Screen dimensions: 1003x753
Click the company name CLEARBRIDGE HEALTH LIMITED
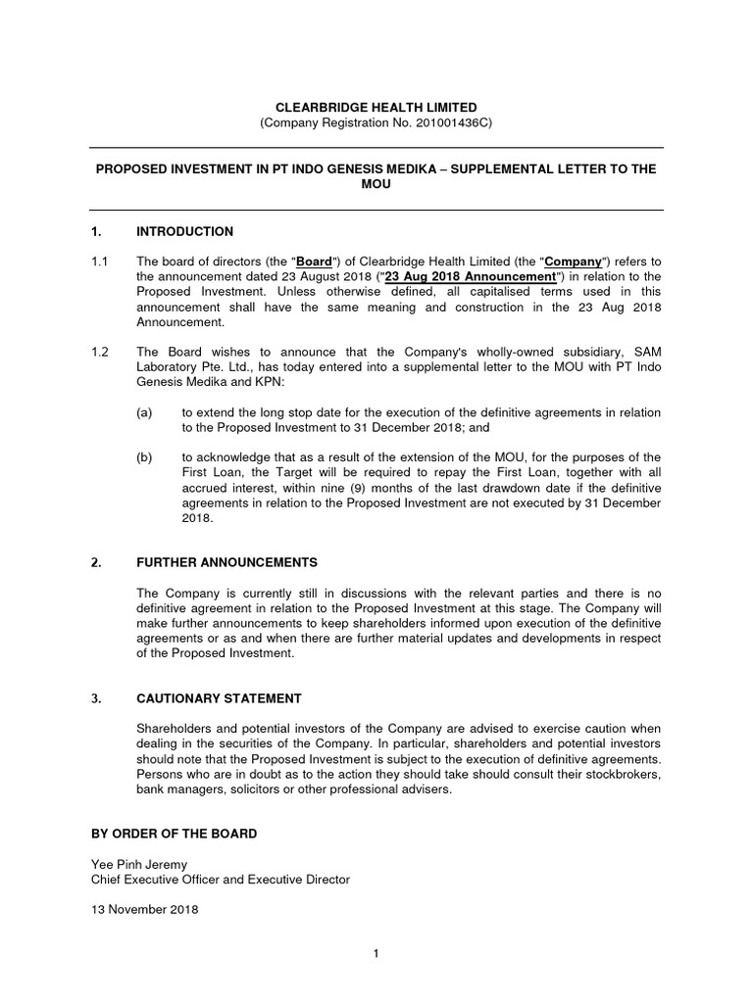pos(376,106)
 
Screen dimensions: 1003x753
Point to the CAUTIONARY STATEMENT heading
pos(219,698)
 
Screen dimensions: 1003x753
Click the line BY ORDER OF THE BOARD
pos(173,834)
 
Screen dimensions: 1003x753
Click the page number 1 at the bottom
pos(376,953)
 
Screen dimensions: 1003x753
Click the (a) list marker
pos(144,411)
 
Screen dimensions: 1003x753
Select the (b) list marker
pos(144,456)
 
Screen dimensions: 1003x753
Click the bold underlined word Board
pos(314,262)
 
